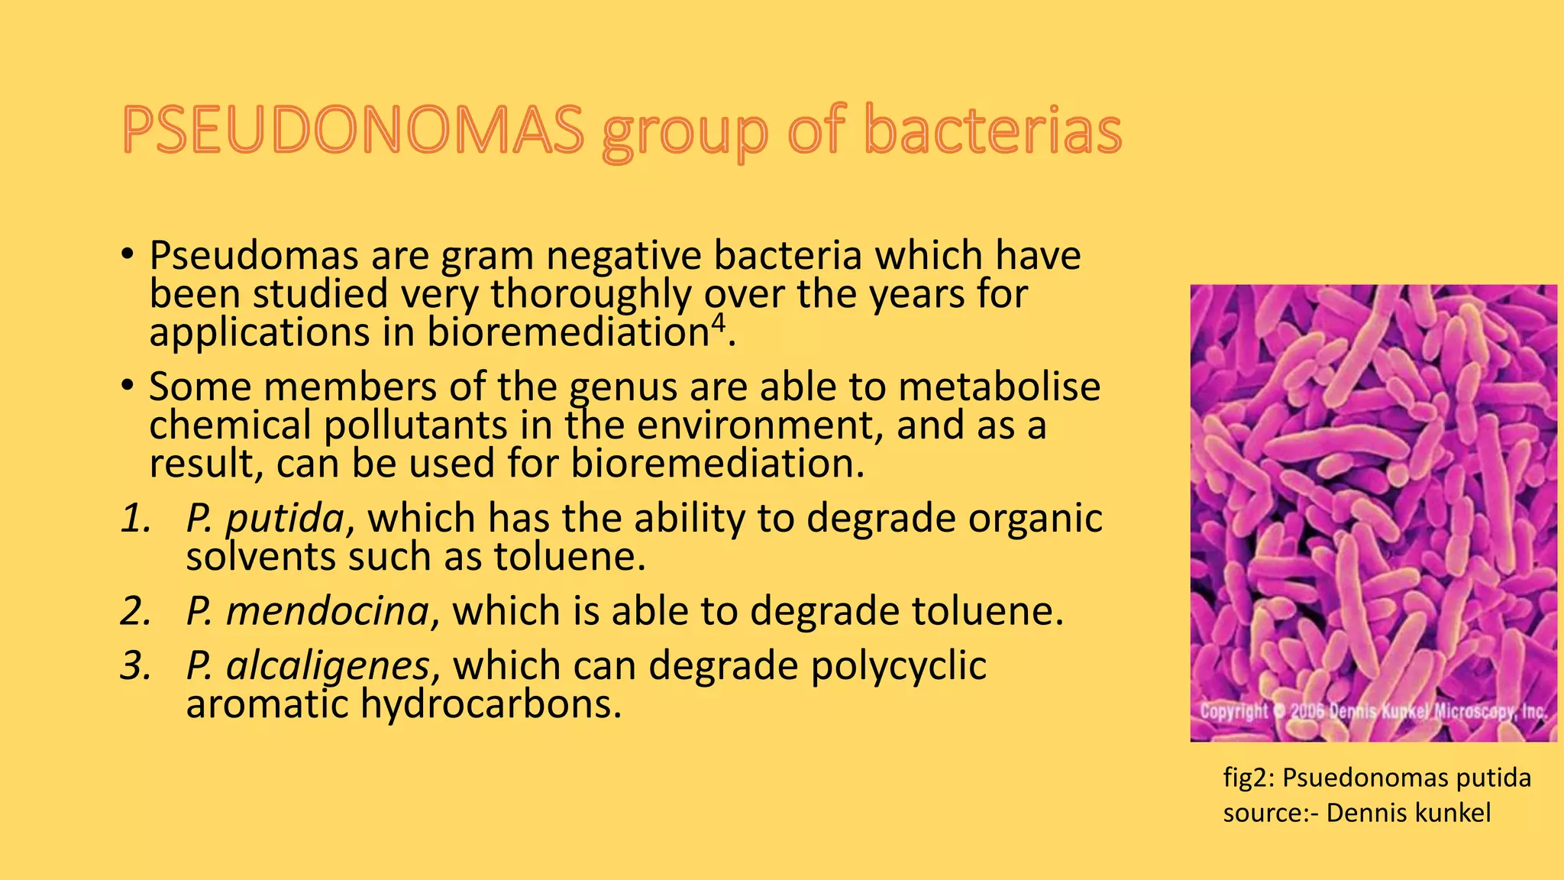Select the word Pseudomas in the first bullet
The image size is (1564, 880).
254,256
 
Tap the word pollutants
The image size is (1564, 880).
415,425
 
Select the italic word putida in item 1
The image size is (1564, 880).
286,519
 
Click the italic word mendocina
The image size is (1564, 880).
328,611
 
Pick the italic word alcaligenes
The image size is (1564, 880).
328,666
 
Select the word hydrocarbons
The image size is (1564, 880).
490,704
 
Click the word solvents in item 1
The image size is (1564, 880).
260,557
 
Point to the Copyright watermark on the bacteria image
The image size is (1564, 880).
1234,712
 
